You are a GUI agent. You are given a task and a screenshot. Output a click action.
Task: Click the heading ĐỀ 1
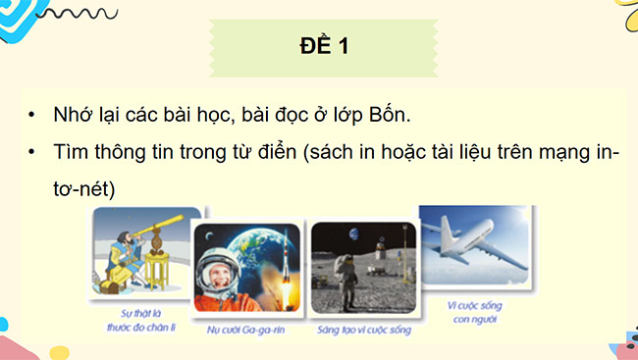click(318, 46)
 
